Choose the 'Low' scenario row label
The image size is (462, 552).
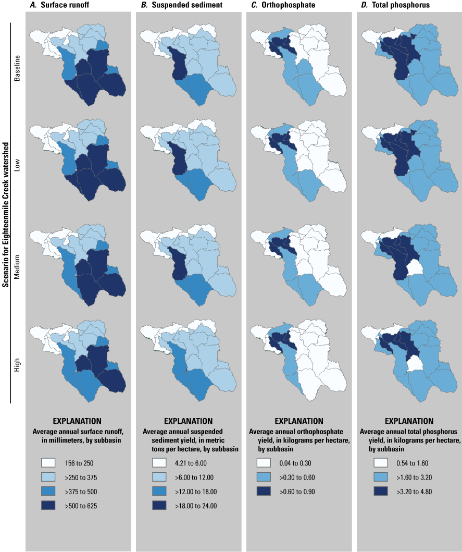pyautogui.click(x=17, y=166)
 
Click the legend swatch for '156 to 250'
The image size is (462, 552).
pyautogui.click(x=49, y=462)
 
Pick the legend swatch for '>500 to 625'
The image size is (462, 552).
pyautogui.click(x=49, y=506)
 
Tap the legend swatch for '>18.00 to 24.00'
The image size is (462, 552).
pyautogui.click(x=159, y=506)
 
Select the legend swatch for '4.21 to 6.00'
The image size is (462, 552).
pyautogui.click(x=159, y=462)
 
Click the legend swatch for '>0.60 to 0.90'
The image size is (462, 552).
pyautogui.click(x=264, y=492)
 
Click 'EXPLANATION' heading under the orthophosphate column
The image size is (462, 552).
pyautogui.click(x=299, y=421)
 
